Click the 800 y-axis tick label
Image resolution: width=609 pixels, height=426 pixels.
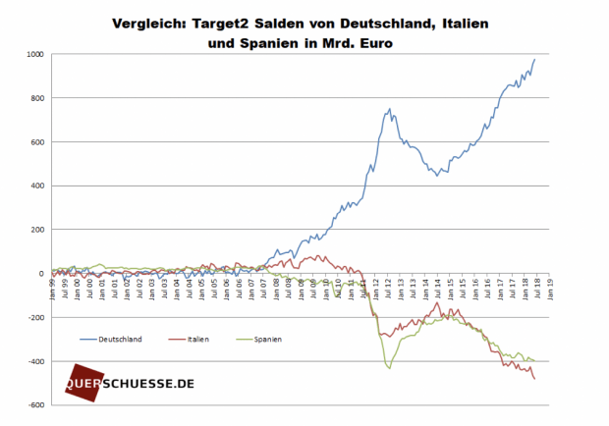click(38, 98)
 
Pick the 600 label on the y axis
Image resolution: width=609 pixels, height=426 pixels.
click(38, 141)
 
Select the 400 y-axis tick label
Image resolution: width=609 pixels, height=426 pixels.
click(38, 186)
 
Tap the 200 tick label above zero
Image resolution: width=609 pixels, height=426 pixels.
click(38, 230)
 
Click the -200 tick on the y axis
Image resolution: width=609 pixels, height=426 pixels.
click(36, 318)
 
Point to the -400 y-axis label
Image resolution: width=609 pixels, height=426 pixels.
click(36, 361)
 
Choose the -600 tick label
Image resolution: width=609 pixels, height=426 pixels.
click(36, 405)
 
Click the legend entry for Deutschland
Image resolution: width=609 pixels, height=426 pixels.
click(119, 339)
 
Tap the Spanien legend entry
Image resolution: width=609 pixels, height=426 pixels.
click(266, 339)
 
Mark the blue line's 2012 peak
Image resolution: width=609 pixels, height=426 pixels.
click(390, 109)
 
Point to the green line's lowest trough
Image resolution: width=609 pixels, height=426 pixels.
click(390, 369)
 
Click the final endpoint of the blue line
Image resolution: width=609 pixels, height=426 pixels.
click(534, 60)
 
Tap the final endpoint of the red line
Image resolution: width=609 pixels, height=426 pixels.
click(534, 379)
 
